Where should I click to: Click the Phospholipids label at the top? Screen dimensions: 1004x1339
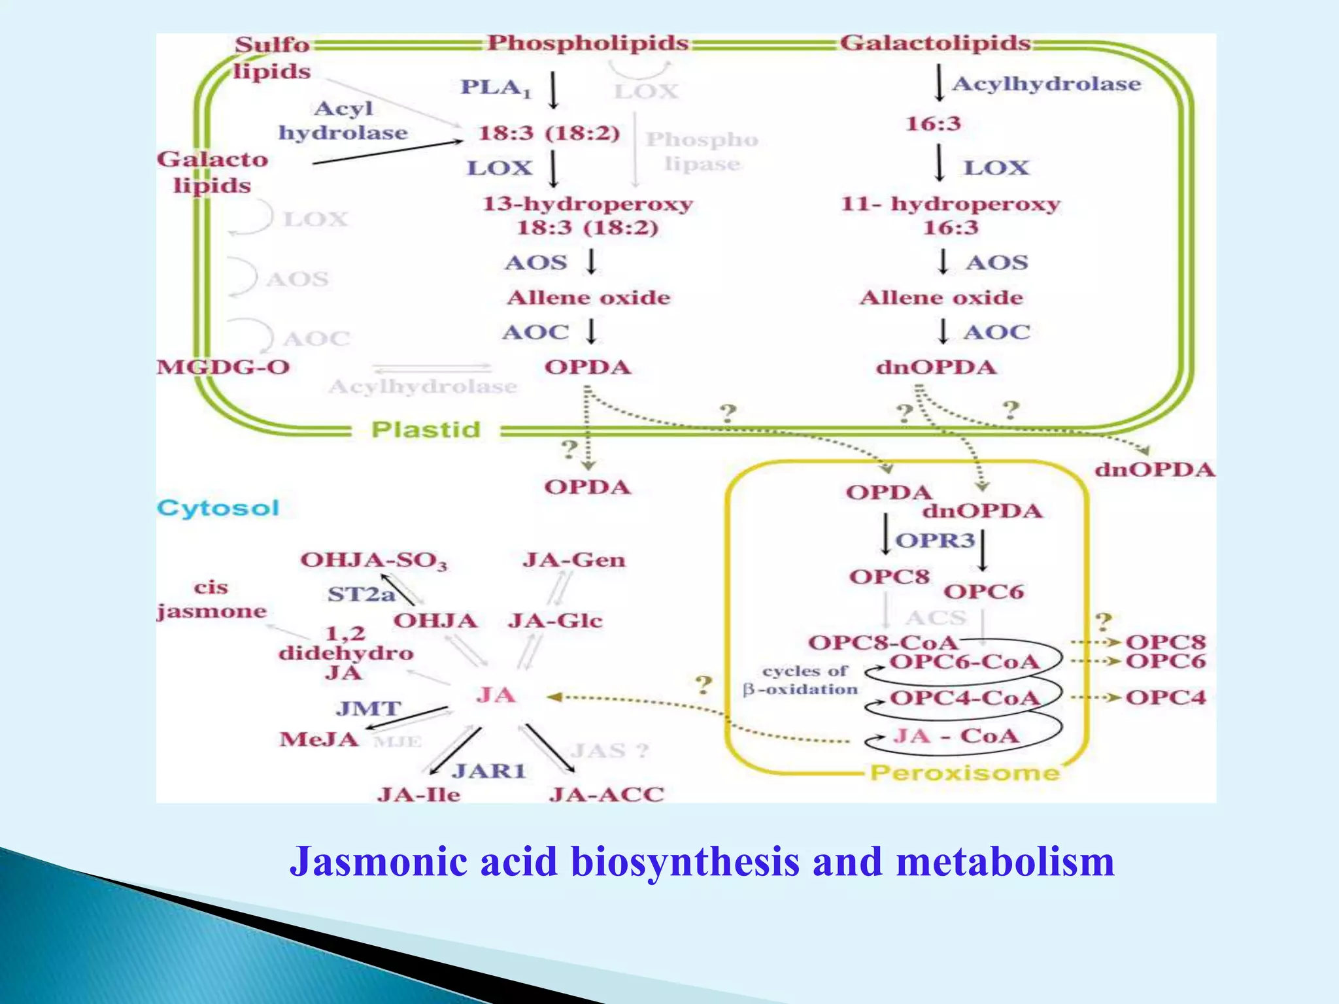(x=588, y=43)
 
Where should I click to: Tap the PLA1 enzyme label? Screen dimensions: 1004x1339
(x=496, y=87)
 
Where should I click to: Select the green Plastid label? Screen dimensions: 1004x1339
(x=426, y=429)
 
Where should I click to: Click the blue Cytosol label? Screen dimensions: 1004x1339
(x=218, y=508)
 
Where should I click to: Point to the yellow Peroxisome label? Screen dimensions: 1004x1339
(x=964, y=773)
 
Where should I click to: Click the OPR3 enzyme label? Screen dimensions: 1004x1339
(x=935, y=541)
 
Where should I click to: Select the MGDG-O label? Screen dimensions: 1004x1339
(x=223, y=367)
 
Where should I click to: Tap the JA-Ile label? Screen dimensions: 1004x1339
(x=418, y=794)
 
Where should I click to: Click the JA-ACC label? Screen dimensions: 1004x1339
(x=607, y=794)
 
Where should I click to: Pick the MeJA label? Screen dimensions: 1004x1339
(x=319, y=739)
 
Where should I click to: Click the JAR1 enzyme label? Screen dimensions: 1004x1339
(x=489, y=771)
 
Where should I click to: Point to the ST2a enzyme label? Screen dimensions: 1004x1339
(x=361, y=594)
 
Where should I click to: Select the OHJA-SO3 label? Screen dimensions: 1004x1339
(x=374, y=560)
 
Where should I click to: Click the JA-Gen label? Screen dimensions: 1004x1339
(x=574, y=560)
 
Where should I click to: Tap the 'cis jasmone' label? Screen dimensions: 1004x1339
(x=212, y=599)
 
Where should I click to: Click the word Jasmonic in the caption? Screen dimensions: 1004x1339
(x=378, y=861)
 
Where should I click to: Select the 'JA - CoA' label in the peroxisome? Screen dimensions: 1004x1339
(x=956, y=736)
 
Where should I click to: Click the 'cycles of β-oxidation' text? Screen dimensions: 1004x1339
(x=802, y=680)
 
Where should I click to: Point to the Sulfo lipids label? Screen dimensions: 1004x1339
(x=272, y=58)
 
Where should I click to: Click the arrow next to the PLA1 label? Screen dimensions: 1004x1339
(x=553, y=90)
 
